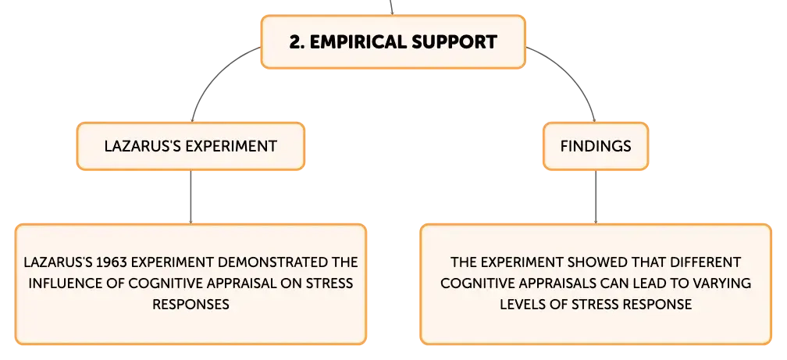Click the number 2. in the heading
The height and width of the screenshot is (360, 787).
tap(297, 42)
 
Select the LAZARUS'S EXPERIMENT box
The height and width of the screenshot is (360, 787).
tap(191, 146)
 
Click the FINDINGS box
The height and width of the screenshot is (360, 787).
tap(596, 146)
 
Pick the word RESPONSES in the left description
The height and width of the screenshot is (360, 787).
tap(191, 305)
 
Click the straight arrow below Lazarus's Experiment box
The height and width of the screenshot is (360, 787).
tap(191, 198)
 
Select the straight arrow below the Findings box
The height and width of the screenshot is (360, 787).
tap(596, 198)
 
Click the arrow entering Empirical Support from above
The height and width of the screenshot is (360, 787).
tap(391, 8)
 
